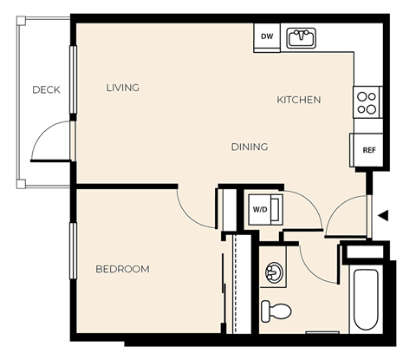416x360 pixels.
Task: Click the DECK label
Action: pyautogui.click(x=46, y=89)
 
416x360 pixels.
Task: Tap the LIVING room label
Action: pyautogui.click(x=122, y=88)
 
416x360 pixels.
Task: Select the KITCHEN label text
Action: pyautogui.click(x=298, y=100)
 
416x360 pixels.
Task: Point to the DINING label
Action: pyautogui.click(x=249, y=147)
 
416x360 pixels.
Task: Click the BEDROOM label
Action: pyautogui.click(x=122, y=269)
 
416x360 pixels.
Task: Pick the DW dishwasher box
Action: pyautogui.click(x=266, y=36)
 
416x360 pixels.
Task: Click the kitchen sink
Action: pyautogui.click(x=302, y=37)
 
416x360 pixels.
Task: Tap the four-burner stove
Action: pyautogui.click(x=367, y=103)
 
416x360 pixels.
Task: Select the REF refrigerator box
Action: pyautogui.click(x=368, y=150)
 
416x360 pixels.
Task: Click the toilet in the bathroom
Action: pyautogui.click(x=277, y=310)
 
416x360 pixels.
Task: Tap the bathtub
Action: pyautogui.click(x=366, y=298)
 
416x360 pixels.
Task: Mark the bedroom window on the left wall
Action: pyautogui.click(x=74, y=251)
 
